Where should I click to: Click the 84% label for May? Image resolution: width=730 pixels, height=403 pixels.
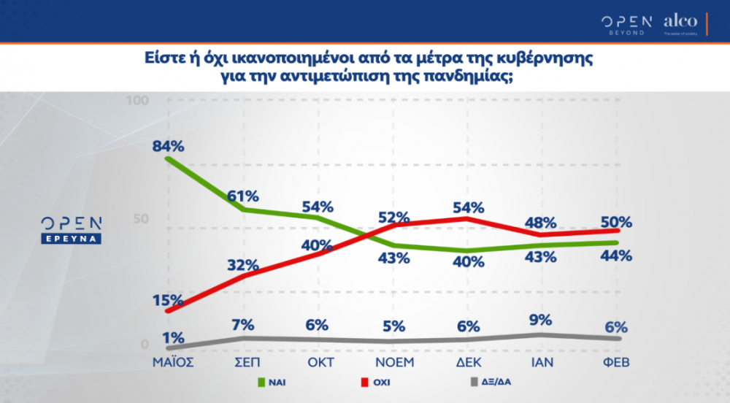point(168,145)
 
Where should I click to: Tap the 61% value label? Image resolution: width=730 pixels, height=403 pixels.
point(242,196)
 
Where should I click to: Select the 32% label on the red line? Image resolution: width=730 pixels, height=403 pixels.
point(242,264)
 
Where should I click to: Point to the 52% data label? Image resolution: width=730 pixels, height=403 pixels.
point(393,217)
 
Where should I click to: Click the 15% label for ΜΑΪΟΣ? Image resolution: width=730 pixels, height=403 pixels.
point(168,300)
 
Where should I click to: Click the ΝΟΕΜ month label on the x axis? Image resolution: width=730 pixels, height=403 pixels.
point(394,362)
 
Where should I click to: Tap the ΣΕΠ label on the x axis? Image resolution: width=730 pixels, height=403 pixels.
point(243,362)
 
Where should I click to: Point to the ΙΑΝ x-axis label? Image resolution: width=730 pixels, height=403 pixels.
point(542,362)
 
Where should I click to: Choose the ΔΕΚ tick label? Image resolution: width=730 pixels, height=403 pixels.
point(468,362)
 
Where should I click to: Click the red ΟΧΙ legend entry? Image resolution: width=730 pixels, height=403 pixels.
point(373,382)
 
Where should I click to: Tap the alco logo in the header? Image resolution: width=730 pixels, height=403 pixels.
point(680,23)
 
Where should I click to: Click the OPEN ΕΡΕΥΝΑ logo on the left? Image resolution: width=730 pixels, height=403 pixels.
point(71,229)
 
